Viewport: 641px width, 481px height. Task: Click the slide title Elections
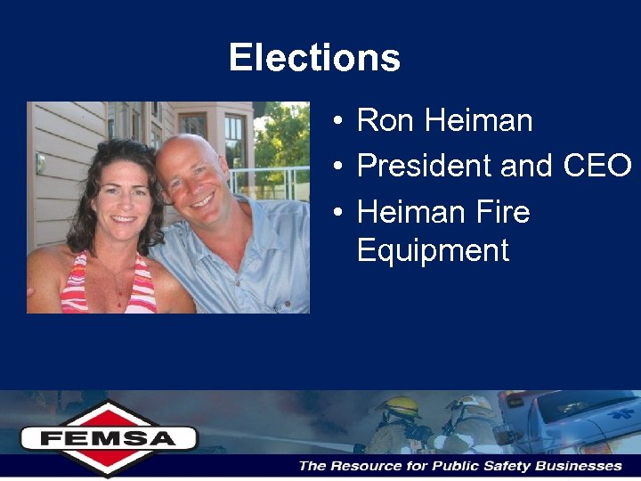[314, 58]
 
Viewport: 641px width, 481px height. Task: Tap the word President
[424, 166]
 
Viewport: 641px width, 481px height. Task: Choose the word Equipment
[433, 250]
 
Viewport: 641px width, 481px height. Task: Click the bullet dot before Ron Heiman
[341, 121]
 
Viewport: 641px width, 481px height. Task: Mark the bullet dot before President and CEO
[341, 167]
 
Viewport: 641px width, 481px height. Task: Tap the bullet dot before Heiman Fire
[341, 213]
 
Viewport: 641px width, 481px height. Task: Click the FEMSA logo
[108, 437]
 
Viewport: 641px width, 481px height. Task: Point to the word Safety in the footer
[505, 466]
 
